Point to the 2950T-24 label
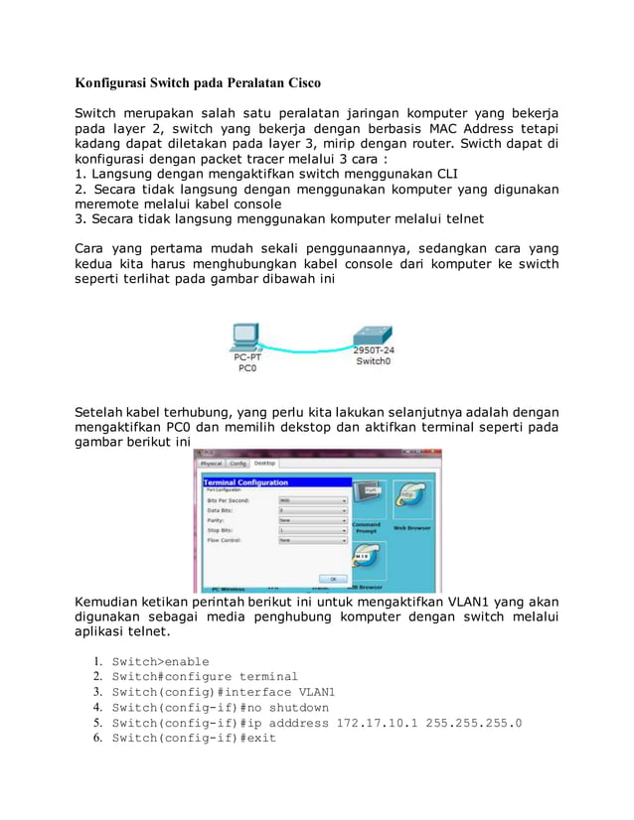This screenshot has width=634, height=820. click(x=374, y=350)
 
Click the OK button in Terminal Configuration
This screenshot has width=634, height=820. click(x=333, y=578)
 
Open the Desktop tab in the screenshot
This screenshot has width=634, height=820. click(x=265, y=464)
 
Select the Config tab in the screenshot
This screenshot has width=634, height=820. click(x=238, y=464)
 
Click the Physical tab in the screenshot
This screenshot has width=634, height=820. click(x=212, y=464)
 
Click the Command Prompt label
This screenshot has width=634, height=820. click(x=366, y=527)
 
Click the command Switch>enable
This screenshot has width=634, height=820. click(x=160, y=662)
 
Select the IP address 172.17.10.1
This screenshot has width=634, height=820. click(x=377, y=723)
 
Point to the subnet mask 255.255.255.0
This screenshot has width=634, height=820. click(x=473, y=723)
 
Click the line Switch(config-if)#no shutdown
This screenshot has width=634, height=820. click(x=220, y=708)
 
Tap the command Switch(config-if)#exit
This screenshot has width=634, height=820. click(x=194, y=739)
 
